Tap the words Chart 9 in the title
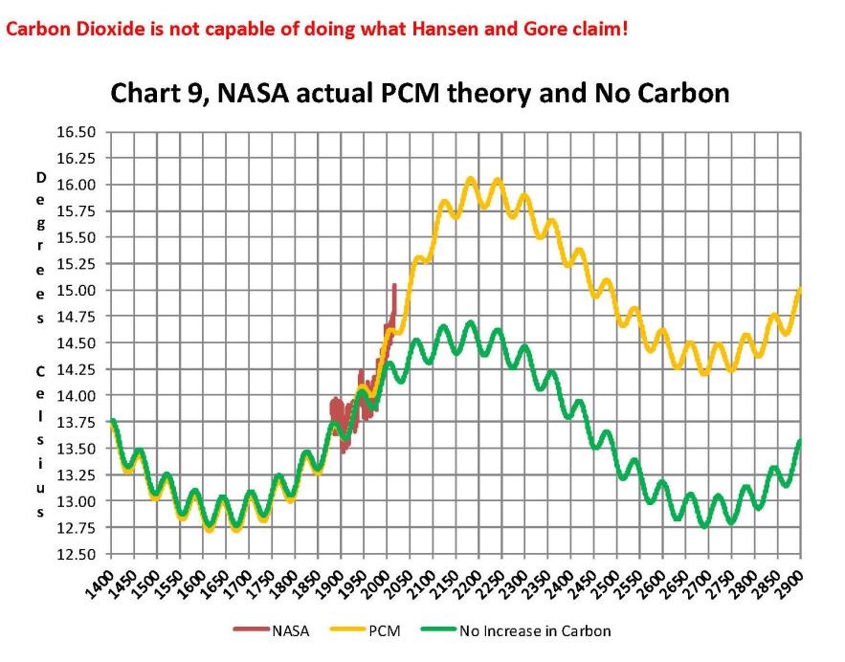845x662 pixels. pos(154,94)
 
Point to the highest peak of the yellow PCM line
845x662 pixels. pos(471,178)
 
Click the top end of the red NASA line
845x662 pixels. pos(394,284)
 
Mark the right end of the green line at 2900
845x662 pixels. pos(799,441)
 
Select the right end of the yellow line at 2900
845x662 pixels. pos(799,290)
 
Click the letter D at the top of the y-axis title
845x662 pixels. pos(41,178)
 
